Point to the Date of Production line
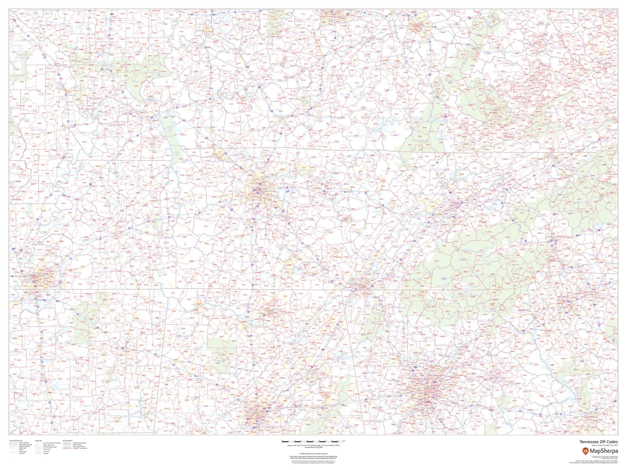coord(604,445)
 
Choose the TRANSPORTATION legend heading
coord(16,441)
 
